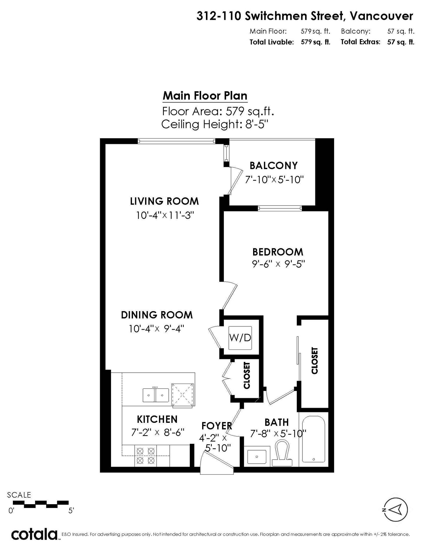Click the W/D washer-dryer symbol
[x=240, y=338]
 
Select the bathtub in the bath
[x=313, y=439]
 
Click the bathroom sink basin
[x=257, y=457]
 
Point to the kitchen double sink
[x=156, y=395]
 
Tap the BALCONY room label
[x=273, y=166]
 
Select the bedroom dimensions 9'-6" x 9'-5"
[x=279, y=264]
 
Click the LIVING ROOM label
[x=164, y=201]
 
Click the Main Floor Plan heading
[x=205, y=96]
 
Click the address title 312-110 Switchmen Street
[x=271, y=16]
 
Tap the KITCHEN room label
[x=157, y=419]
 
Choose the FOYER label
[x=217, y=426]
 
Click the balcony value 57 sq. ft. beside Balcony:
[x=401, y=31]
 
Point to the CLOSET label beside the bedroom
[x=315, y=361]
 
